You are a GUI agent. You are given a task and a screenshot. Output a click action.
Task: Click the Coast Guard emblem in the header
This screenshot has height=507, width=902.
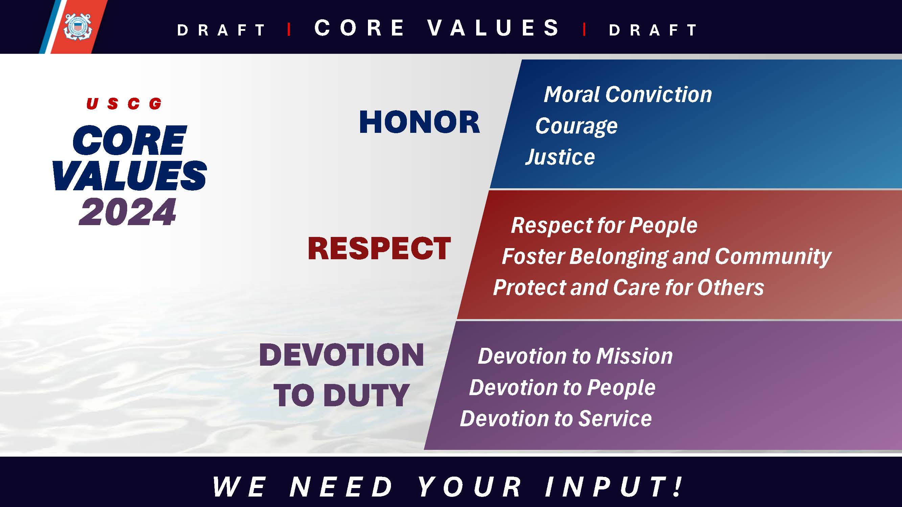pyautogui.click(x=77, y=27)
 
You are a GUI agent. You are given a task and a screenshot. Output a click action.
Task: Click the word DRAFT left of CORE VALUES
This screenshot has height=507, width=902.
pyautogui.click(x=221, y=30)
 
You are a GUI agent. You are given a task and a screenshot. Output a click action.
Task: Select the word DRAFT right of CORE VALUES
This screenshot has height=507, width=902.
pyautogui.click(x=653, y=30)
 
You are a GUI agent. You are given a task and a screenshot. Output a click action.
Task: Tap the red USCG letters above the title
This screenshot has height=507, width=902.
pyautogui.click(x=124, y=103)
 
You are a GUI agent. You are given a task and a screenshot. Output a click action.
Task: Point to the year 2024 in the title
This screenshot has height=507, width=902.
pyautogui.click(x=128, y=212)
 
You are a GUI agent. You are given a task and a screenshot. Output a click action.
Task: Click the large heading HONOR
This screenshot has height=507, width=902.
pyautogui.click(x=419, y=122)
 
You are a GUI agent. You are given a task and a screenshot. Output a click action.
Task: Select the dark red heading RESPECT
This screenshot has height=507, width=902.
pyautogui.click(x=379, y=248)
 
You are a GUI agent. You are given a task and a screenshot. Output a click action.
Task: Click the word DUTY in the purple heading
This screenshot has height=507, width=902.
pyautogui.click(x=366, y=395)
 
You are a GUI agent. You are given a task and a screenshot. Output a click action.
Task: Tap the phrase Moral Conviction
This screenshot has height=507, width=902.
pyautogui.click(x=627, y=95)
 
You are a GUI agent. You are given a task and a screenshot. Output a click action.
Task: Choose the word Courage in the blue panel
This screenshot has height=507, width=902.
pyautogui.click(x=576, y=126)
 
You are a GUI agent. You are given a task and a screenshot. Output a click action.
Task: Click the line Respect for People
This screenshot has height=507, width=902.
pyautogui.click(x=604, y=225)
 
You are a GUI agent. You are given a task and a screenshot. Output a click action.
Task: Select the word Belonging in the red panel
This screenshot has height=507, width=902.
pyautogui.click(x=619, y=257)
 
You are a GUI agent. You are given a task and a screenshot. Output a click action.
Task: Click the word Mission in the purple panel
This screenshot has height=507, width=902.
pyautogui.click(x=634, y=356)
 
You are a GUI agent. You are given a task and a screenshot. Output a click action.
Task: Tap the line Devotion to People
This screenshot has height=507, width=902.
pyautogui.click(x=562, y=388)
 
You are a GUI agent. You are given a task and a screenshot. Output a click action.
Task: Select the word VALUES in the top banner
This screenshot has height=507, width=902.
pyautogui.click(x=493, y=28)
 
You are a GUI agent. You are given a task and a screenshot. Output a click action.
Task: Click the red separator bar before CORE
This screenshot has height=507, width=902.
pyautogui.click(x=289, y=29)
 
